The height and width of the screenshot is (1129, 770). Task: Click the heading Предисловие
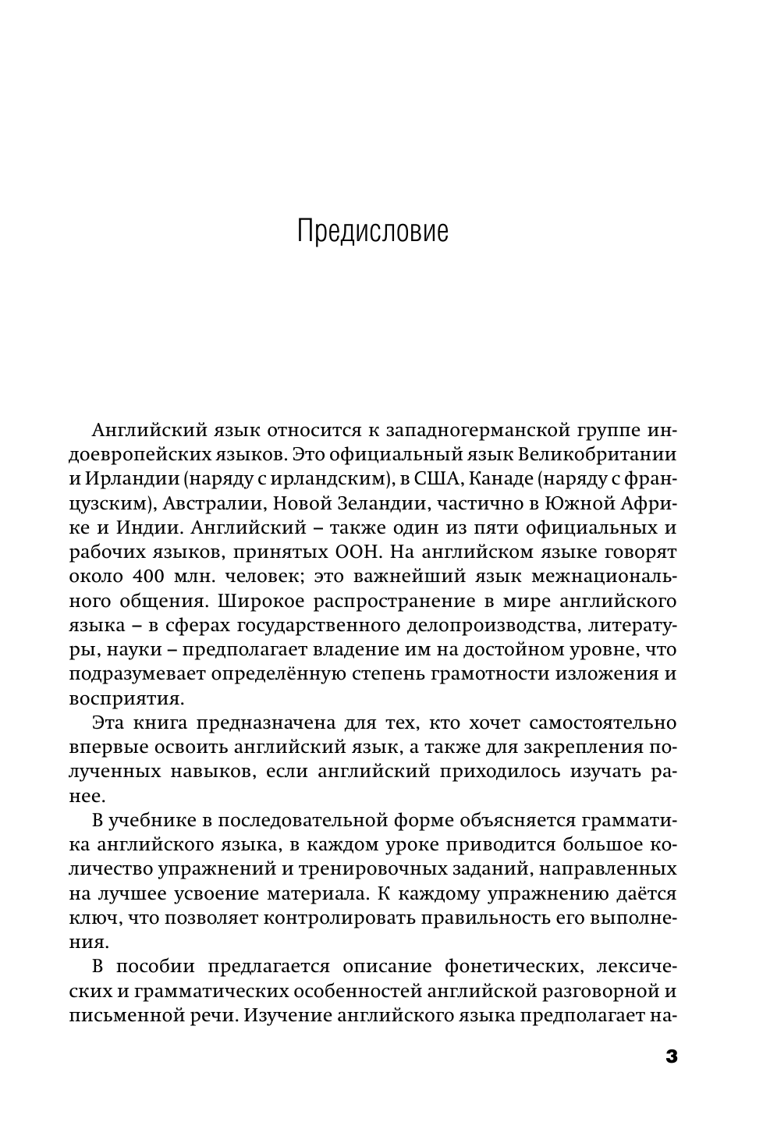[x=373, y=233]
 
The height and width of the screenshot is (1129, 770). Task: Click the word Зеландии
[x=374, y=502]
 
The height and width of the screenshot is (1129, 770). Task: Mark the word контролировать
[x=340, y=917]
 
